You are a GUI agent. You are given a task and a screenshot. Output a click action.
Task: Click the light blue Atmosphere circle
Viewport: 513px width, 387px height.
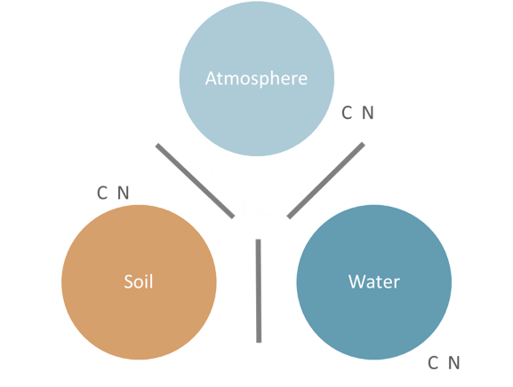256,79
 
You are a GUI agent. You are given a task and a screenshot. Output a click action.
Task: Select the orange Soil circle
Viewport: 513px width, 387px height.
139,282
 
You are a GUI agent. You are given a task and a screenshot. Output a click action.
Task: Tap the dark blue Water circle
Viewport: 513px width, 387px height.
374,282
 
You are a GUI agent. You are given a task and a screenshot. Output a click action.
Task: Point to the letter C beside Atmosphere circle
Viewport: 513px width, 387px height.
347,113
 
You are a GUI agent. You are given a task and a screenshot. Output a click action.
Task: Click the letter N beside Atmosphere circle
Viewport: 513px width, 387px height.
368,113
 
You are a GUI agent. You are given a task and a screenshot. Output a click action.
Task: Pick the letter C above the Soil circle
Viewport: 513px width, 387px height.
102,193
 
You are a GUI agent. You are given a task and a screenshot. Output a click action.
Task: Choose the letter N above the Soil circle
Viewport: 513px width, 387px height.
123,193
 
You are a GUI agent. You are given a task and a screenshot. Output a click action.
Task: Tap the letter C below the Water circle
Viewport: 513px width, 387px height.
433,363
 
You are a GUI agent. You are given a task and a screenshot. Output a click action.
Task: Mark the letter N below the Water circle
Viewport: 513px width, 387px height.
453,363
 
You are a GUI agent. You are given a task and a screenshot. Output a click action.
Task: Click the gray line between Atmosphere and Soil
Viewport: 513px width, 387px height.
195,180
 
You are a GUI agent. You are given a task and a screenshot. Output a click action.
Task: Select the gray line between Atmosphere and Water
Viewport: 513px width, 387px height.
326,180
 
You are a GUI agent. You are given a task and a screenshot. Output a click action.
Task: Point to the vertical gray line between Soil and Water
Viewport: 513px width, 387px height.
259,290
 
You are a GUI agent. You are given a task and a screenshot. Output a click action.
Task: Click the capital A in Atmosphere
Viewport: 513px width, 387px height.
211,78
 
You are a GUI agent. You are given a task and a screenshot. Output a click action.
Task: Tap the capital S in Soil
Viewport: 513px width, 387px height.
128,281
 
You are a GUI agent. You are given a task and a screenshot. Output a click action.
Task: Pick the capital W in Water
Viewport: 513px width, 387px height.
357,281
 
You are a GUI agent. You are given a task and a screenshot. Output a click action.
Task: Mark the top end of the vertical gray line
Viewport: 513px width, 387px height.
258,240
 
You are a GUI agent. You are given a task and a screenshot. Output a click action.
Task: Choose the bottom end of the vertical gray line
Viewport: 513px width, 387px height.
259,343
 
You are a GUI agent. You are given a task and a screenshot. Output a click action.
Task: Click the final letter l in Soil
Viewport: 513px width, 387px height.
151,280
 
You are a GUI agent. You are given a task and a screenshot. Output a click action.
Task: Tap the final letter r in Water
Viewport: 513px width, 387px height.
397,283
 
